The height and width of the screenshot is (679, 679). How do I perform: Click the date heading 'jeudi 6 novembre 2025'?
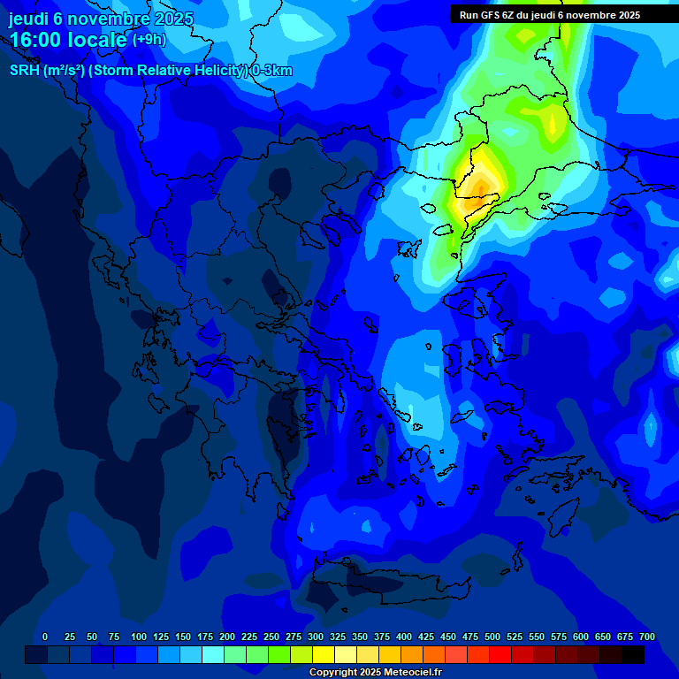click(x=101, y=19)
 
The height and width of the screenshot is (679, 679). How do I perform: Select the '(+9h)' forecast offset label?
click(x=149, y=40)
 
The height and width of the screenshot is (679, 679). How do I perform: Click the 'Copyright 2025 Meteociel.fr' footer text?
click(x=375, y=673)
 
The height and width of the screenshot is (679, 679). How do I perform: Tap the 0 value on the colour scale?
click(x=45, y=637)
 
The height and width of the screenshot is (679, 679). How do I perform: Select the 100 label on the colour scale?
click(x=139, y=637)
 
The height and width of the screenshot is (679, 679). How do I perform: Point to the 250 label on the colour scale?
click(x=271, y=637)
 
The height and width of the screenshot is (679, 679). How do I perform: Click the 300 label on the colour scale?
click(x=316, y=637)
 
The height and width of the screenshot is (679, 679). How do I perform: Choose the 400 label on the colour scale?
click(x=404, y=637)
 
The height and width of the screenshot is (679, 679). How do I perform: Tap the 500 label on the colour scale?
click(x=492, y=637)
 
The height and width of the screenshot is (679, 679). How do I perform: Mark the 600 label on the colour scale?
click(x=581, y=637)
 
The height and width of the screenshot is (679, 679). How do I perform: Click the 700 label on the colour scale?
click(x=647, y=637)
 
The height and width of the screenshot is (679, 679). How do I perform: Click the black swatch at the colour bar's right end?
click(x=633, y=654)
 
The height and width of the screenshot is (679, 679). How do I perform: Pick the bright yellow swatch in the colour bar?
click(x=324, y=654)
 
